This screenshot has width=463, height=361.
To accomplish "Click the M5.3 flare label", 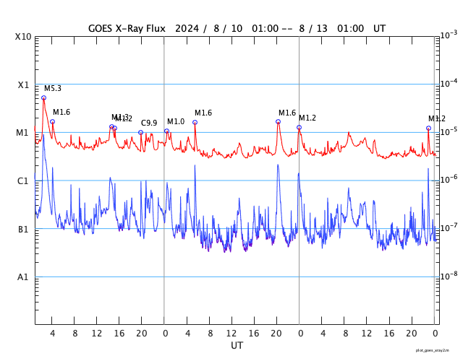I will (x=53, y=89).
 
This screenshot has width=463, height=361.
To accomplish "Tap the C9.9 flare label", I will (x=149, y=123).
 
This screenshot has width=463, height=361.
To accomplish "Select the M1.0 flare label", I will (x=176, y=122).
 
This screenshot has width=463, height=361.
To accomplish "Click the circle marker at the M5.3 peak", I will (x=43, y=97).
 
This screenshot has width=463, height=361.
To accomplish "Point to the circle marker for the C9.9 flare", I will (x=141, y=132).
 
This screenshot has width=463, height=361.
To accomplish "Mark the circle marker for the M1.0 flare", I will (x=166, y=131).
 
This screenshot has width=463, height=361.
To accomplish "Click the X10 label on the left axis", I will (x=24, y=36).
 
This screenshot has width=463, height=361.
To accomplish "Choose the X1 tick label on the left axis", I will (x=23, y=84).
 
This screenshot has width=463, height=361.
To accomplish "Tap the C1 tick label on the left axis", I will (x=23, y=180).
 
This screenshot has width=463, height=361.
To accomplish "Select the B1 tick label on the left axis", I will (x=23, y=229).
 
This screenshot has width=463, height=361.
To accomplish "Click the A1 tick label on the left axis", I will (x=23, y=277).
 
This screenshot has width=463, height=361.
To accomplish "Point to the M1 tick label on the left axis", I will (x=23, y=133).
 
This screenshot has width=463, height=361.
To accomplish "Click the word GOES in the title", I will (x=102, y=28).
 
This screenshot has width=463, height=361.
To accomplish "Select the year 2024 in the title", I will (x=190, y=28).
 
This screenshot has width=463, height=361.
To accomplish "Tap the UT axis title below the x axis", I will (x=237, y=346).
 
